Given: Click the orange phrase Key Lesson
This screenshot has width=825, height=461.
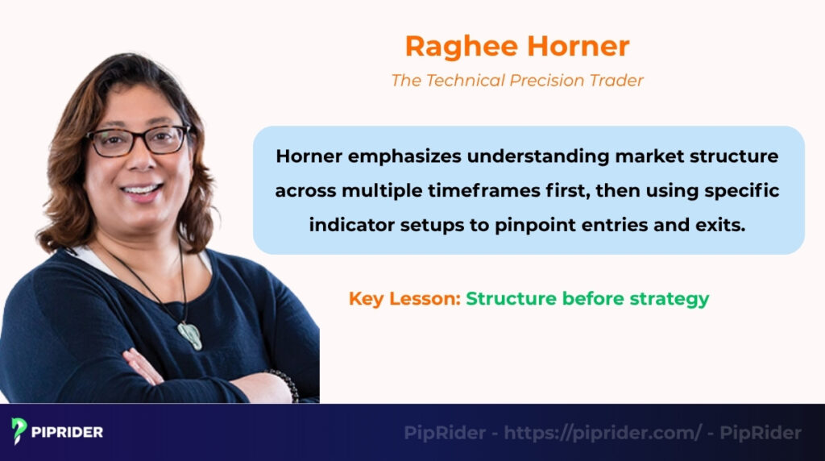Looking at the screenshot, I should pyautogui.click(x=404, y=298).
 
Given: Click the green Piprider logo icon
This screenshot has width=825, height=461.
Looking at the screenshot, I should pyautogui.click(x=19, y=432).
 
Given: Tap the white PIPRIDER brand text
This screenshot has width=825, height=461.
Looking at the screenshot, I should pyautogui.click(x=68, y=433).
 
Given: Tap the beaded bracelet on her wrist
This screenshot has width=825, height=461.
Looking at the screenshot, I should pyautogui.click(x=285, y=385).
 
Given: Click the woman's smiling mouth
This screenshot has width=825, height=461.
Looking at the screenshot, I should pyautogui.click(x=142, y=191).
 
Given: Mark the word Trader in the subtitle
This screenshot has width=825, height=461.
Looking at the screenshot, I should pyautogui.click(x=618, y=81).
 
